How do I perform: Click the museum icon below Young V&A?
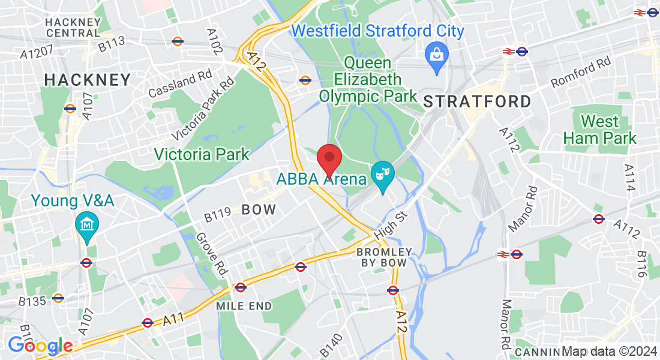(88, 225)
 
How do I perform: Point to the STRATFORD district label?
(478, 101)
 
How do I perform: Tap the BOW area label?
(259, 209)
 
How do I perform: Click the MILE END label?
(244, 306)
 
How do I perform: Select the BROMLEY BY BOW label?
(384, 257)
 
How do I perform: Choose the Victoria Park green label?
(202, 154)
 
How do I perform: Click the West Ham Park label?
(599, 130)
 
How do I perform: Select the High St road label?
(391, 223)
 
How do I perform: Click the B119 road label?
(217, 214)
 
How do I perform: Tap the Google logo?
(40, 346)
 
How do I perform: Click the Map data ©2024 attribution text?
(608, 351)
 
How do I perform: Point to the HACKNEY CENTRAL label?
(73, 27)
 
